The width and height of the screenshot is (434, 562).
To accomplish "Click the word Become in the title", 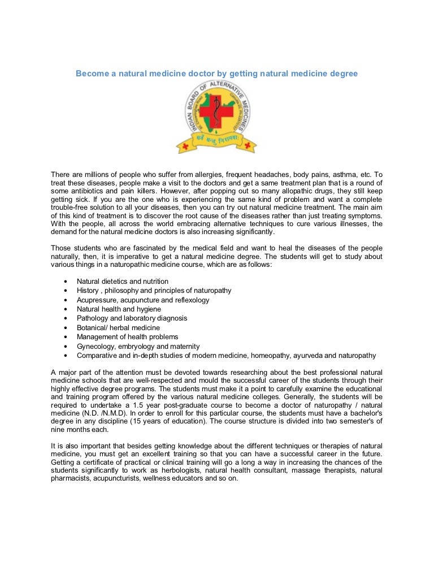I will pos(93,74).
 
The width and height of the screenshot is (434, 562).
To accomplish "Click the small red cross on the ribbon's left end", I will pos(184,146).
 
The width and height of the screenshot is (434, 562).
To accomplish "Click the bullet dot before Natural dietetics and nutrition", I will pos(66,282).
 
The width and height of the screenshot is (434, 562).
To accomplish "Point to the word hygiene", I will pos(147,309).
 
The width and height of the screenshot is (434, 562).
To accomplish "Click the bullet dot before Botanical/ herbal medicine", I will pos(66,328).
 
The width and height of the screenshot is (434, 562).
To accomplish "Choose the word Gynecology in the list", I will pos(96,346).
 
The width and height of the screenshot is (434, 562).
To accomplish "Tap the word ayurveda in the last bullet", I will pos(318,356).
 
